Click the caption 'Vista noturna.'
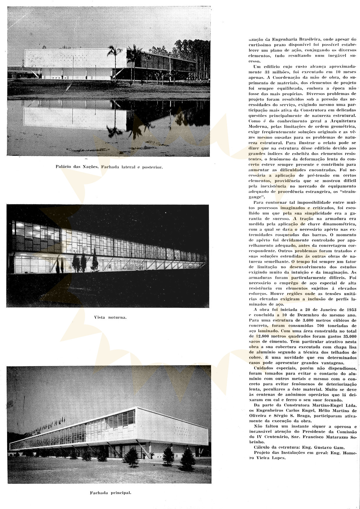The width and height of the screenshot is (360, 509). [110, 317]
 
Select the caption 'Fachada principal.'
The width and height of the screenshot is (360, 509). [110, 493]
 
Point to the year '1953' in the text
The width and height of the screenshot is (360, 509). [350, 310]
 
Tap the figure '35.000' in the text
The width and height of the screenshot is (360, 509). [348, 336]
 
